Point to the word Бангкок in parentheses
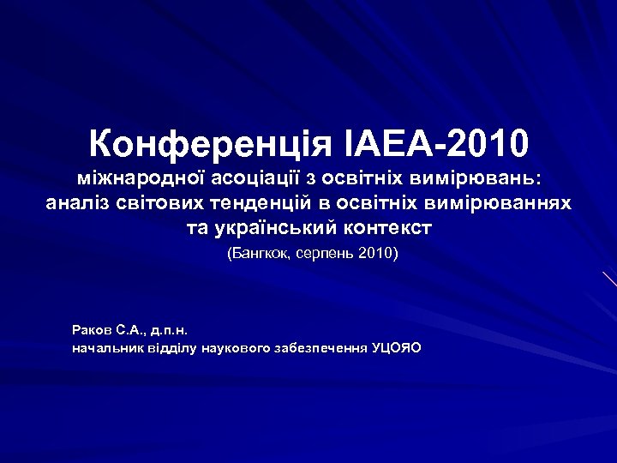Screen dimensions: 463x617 click(261, 255)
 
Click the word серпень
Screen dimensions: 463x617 click(328, 255)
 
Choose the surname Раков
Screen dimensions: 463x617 click(93, 329)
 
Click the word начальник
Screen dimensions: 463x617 click(107, 348)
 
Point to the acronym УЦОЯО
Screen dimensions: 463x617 click(396, 348)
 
